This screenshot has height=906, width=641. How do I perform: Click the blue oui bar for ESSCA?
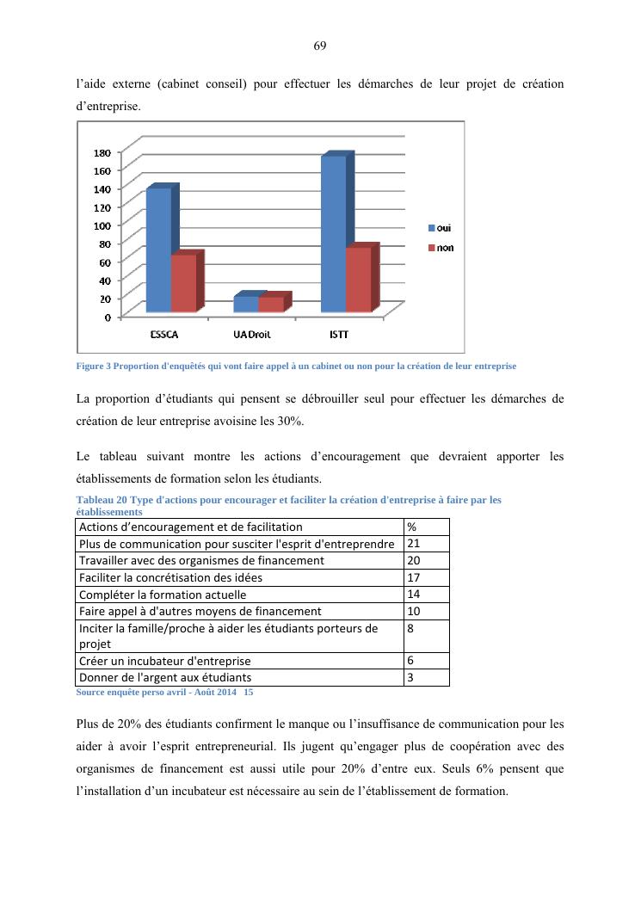158,250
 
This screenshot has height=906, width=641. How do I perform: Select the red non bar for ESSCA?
183,283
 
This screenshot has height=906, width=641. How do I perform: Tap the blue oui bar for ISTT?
334,234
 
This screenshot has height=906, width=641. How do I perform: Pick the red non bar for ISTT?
358,280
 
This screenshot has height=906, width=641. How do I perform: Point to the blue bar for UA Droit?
245,304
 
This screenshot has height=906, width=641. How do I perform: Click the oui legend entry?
440,228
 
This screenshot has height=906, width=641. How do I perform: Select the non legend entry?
441,248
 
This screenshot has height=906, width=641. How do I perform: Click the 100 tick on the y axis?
102,225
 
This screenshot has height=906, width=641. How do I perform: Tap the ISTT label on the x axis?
339,334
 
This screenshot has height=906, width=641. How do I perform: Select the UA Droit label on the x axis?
252,334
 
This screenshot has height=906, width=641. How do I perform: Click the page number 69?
319,45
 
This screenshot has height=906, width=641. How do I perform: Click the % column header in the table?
412,527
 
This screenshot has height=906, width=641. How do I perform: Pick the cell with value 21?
413,544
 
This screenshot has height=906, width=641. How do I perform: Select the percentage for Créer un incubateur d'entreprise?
411,661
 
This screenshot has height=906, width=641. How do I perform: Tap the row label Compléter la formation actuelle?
163,595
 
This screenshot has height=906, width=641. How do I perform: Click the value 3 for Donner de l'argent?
410,677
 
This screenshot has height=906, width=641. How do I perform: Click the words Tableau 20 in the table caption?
99,499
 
